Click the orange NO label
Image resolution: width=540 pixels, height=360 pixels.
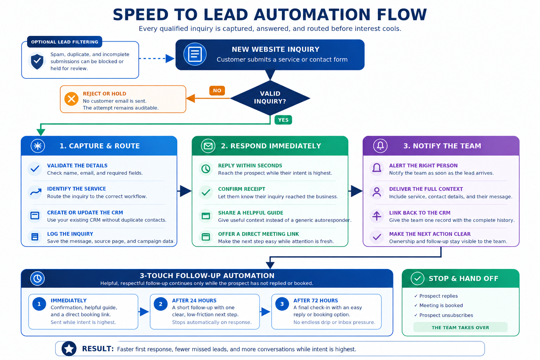pyautogui.click(x=217, y=90)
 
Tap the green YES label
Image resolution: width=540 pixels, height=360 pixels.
pyautogui.click(x=283, y=120)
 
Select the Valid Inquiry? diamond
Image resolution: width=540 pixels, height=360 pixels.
pyautogui.click(x=270, y=98)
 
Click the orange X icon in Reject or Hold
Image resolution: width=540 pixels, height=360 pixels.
pyautogui.click(x=71, y=99)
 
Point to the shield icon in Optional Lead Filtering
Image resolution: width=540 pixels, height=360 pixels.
pyautogui.click(x=37, y=61)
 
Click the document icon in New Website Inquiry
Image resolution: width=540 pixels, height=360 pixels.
pyautogui.click(x=195, y=54)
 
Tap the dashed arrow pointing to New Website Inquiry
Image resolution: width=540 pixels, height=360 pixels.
pyautogui.click(x=157, y=58)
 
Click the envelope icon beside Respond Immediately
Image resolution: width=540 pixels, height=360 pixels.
pyautogui.click(x=208, y=146)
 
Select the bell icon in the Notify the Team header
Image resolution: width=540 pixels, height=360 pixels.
pyautogui.click(x=380, y=146)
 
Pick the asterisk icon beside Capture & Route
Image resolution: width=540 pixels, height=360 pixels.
pyautogui.click(x=38, y=146)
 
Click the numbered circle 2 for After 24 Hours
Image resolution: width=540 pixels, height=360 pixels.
pyautogui.click(x=161, y=304)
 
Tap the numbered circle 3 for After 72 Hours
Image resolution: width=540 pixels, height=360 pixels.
pyautogui.click(x=282, y=304)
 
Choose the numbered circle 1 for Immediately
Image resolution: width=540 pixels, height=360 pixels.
pyautogui.click(x=39, y=304)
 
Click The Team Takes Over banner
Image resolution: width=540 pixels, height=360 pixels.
pyautogui.click(x=461, y=327)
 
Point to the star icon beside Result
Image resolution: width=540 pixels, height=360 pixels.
pyautogui.click(x=69, y=349)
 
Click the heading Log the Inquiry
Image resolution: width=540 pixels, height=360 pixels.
pyautogui.click(x=70, y=234)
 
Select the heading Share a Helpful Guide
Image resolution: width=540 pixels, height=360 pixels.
pyautogui.click(x=251, y=213)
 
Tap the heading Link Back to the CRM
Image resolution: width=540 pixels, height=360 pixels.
pyautogui.click(x=420, y=213)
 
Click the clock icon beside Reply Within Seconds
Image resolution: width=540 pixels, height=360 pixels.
pyautogui.click(x=206, y=169)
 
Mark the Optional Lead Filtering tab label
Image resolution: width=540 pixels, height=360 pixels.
pyautogui.click(x=65, y=42)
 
